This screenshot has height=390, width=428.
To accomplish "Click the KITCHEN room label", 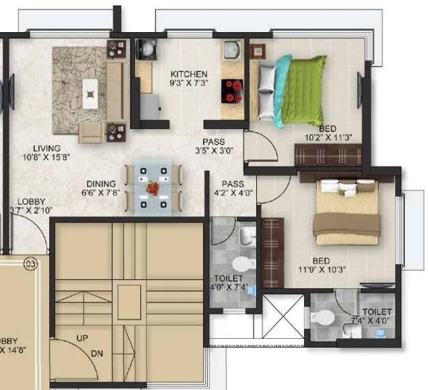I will point(189,74).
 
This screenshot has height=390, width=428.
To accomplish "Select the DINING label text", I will point(101,184).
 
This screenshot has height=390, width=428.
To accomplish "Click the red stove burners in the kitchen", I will point(234,89).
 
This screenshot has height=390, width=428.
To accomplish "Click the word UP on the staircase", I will point(81,338).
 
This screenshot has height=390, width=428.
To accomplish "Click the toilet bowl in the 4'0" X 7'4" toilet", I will point(241,264).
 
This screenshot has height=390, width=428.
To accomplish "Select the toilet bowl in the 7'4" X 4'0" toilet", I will point(324,318).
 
